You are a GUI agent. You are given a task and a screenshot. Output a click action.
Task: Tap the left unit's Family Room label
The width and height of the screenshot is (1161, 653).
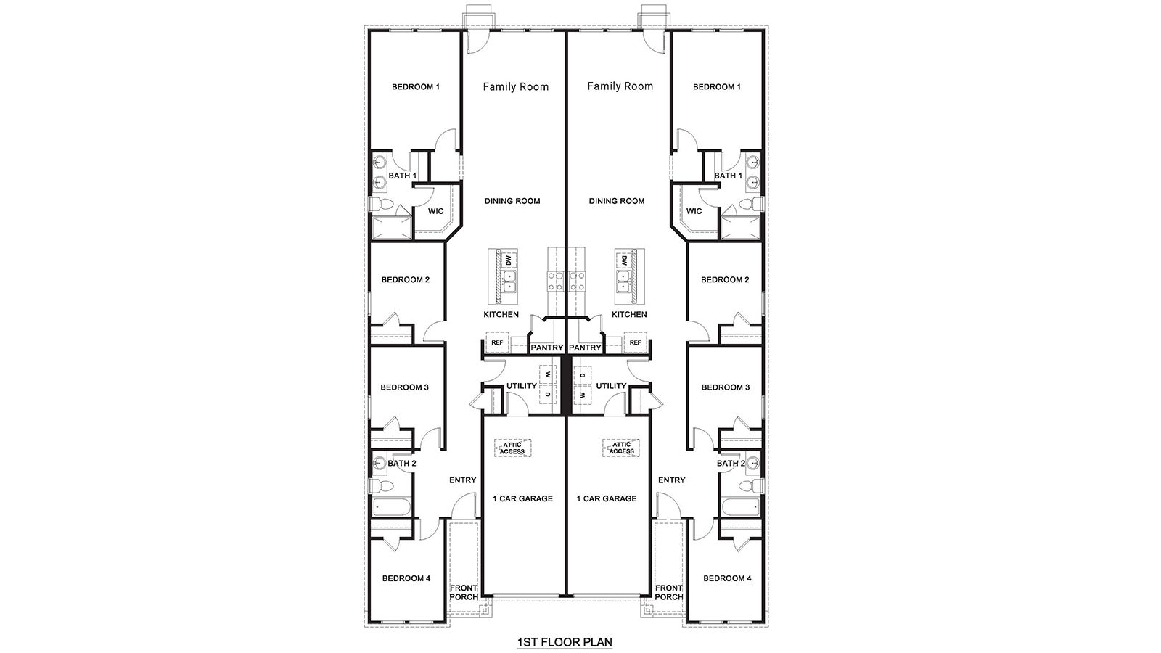(516, 86)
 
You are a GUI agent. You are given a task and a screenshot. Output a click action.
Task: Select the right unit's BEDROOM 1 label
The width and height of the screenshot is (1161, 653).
(717, 87)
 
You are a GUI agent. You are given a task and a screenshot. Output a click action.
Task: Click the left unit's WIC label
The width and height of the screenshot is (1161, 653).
(435, 212)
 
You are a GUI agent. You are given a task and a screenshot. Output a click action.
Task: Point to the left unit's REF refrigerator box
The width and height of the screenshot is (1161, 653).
(497, 342)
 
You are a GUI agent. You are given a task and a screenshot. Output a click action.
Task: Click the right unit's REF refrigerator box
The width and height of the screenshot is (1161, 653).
(635, 342)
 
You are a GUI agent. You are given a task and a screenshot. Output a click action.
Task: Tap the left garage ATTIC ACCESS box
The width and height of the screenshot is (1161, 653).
(512, 448)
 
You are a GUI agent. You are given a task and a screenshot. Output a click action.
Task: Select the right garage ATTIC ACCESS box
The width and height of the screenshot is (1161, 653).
(621, 448)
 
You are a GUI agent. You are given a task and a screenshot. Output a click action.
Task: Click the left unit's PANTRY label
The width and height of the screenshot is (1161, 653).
(546, 348)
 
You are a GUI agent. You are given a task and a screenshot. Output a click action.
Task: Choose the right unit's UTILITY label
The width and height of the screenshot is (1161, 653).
(611, 386)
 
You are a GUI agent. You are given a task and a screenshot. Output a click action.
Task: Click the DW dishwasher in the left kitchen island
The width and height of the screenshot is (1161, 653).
(509, 260)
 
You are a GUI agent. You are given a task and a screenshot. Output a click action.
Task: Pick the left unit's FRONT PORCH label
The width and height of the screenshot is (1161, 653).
(464, 592)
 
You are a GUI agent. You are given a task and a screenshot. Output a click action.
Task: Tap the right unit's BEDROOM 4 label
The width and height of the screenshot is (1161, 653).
(728, 578)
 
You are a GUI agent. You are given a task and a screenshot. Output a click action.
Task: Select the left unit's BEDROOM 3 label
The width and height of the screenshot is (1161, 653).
(405, 387)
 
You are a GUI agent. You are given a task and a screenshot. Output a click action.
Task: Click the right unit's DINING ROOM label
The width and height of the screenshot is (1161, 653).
(617, 201)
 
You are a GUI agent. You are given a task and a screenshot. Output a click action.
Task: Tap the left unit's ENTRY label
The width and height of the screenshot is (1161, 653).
(462, 480)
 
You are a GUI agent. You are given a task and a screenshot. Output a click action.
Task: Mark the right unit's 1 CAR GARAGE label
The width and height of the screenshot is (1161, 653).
(607, 498)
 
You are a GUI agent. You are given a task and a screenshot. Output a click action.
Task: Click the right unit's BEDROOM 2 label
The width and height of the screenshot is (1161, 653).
(725, 279)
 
